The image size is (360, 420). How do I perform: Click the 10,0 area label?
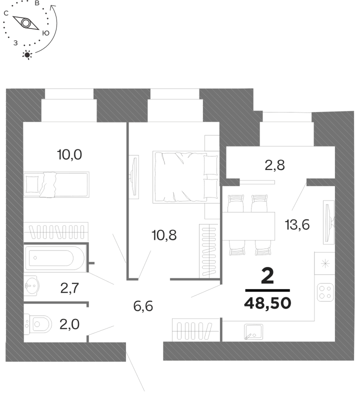[69, 155]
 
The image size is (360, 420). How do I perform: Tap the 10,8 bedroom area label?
[164, 235]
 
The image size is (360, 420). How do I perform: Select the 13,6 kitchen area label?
[297, 224]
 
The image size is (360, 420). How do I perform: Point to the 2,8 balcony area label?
[274, 165]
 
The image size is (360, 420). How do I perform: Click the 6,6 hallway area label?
[143, 306]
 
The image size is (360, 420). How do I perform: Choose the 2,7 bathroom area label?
[69, 288]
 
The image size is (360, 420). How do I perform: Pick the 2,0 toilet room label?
[69, 324]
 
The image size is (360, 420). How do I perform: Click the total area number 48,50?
[267, 303]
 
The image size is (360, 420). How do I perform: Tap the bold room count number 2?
[267, 276]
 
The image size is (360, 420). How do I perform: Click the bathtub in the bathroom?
[54, 258]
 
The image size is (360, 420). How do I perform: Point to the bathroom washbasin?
[31, 286]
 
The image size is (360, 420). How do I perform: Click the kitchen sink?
[253, 331]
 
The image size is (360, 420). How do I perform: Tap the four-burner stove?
[325, 292]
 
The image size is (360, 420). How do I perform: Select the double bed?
[185, 177]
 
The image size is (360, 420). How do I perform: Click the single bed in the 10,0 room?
[56, 184]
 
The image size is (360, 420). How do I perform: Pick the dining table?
[248, 226]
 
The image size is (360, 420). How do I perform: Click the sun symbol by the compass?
[27, 55]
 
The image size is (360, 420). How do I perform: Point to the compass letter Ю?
[46, 33]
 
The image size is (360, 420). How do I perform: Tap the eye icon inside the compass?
[26, 23]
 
